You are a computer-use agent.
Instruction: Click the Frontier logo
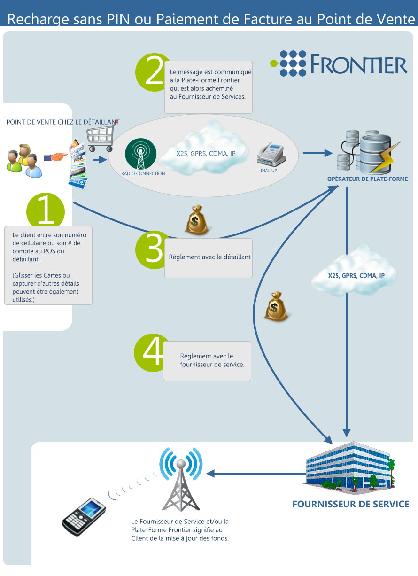pos(339,63)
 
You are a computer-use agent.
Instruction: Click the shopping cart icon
pos(101,136)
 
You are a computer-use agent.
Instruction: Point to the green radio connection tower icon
pos(140,154)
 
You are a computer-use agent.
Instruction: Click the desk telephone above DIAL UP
pos(271,154)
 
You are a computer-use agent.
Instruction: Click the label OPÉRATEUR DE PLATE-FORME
pos(367,179)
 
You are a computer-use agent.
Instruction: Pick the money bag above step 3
pos(197,220)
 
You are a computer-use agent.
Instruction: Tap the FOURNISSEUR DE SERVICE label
pos(351,504)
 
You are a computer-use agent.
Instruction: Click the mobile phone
pos(84,516)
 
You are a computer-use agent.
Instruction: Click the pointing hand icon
pos(55,156)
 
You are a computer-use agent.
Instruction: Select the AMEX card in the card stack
pos(78,182)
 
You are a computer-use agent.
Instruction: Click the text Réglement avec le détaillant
pos(209,257)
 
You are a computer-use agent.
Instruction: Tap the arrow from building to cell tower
pos(256,474)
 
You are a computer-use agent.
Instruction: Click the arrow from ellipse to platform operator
pos(317,153)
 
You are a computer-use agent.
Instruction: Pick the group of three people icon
pos(24,161)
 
